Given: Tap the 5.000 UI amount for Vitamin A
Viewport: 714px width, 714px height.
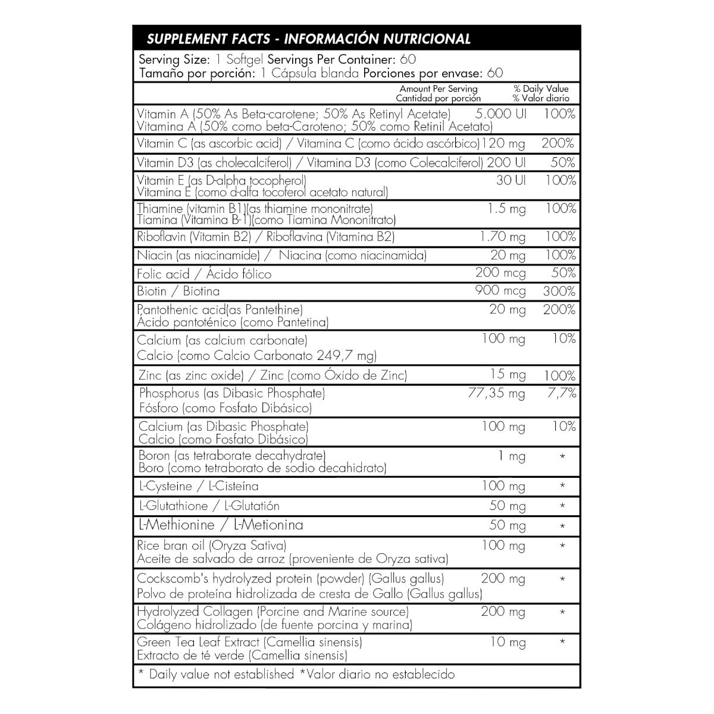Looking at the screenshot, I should (502, 114).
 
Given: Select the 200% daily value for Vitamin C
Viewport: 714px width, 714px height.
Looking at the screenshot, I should (558, 143).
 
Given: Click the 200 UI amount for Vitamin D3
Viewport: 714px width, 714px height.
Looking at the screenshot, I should (506, 162).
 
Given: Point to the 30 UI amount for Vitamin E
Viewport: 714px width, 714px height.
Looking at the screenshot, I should (511, 180).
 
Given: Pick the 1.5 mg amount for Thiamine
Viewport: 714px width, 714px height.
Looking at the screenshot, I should (506, 209).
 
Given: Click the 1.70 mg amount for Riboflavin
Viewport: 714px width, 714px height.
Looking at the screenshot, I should (503, 237).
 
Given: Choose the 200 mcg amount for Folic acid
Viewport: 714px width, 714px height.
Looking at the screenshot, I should (500, 274).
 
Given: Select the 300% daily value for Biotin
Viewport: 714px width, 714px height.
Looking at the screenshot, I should (559, 292).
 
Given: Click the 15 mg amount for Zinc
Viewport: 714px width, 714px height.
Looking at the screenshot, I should (508, 375).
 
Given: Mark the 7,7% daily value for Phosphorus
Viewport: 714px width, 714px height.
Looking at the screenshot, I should (561, 393).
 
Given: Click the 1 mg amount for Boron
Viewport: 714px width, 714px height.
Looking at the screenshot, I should (512, 457).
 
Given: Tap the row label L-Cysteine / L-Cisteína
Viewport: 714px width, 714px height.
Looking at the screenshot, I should (198, 486).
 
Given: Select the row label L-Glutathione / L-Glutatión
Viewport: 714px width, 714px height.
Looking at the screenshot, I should (208, 506).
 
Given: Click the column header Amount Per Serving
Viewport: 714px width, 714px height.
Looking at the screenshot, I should (439, 89).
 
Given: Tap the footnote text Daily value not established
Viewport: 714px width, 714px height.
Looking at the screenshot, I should (221, 674).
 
